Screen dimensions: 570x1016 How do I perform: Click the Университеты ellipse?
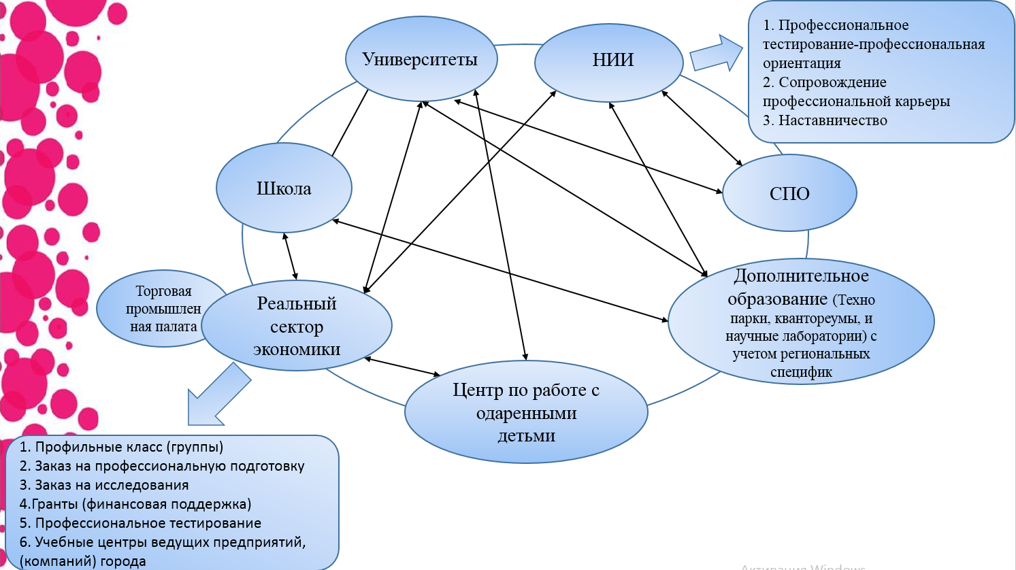(421, 59)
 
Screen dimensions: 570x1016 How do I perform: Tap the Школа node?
(284, 188)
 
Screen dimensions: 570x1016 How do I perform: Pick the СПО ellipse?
(789, 194)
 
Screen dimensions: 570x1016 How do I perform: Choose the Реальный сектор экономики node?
(297, 326)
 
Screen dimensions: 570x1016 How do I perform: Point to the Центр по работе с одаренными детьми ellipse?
(526, 413)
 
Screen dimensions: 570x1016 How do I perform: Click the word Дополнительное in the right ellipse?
(801, 276)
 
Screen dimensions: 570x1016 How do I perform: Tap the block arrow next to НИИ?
(715, 54)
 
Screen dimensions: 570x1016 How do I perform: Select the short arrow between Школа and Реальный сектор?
(290, 256)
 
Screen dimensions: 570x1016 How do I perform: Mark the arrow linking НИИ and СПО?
(702, 128)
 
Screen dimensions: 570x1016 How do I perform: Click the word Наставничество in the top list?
(832, 120)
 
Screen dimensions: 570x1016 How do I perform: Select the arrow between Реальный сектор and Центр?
(403, 367)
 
